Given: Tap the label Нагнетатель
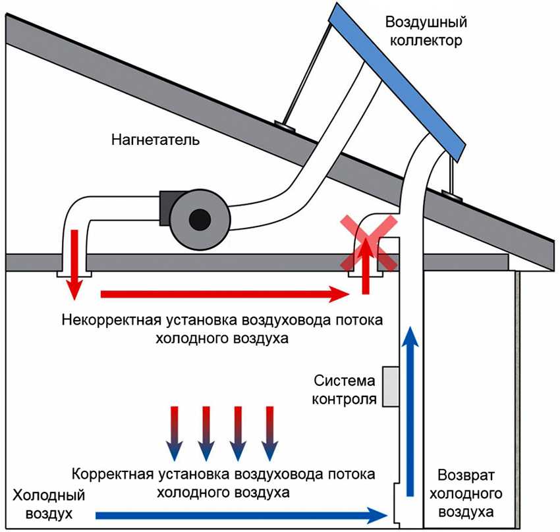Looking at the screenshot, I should coord(155,140).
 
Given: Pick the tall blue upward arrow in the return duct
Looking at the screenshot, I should coord(410,408).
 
